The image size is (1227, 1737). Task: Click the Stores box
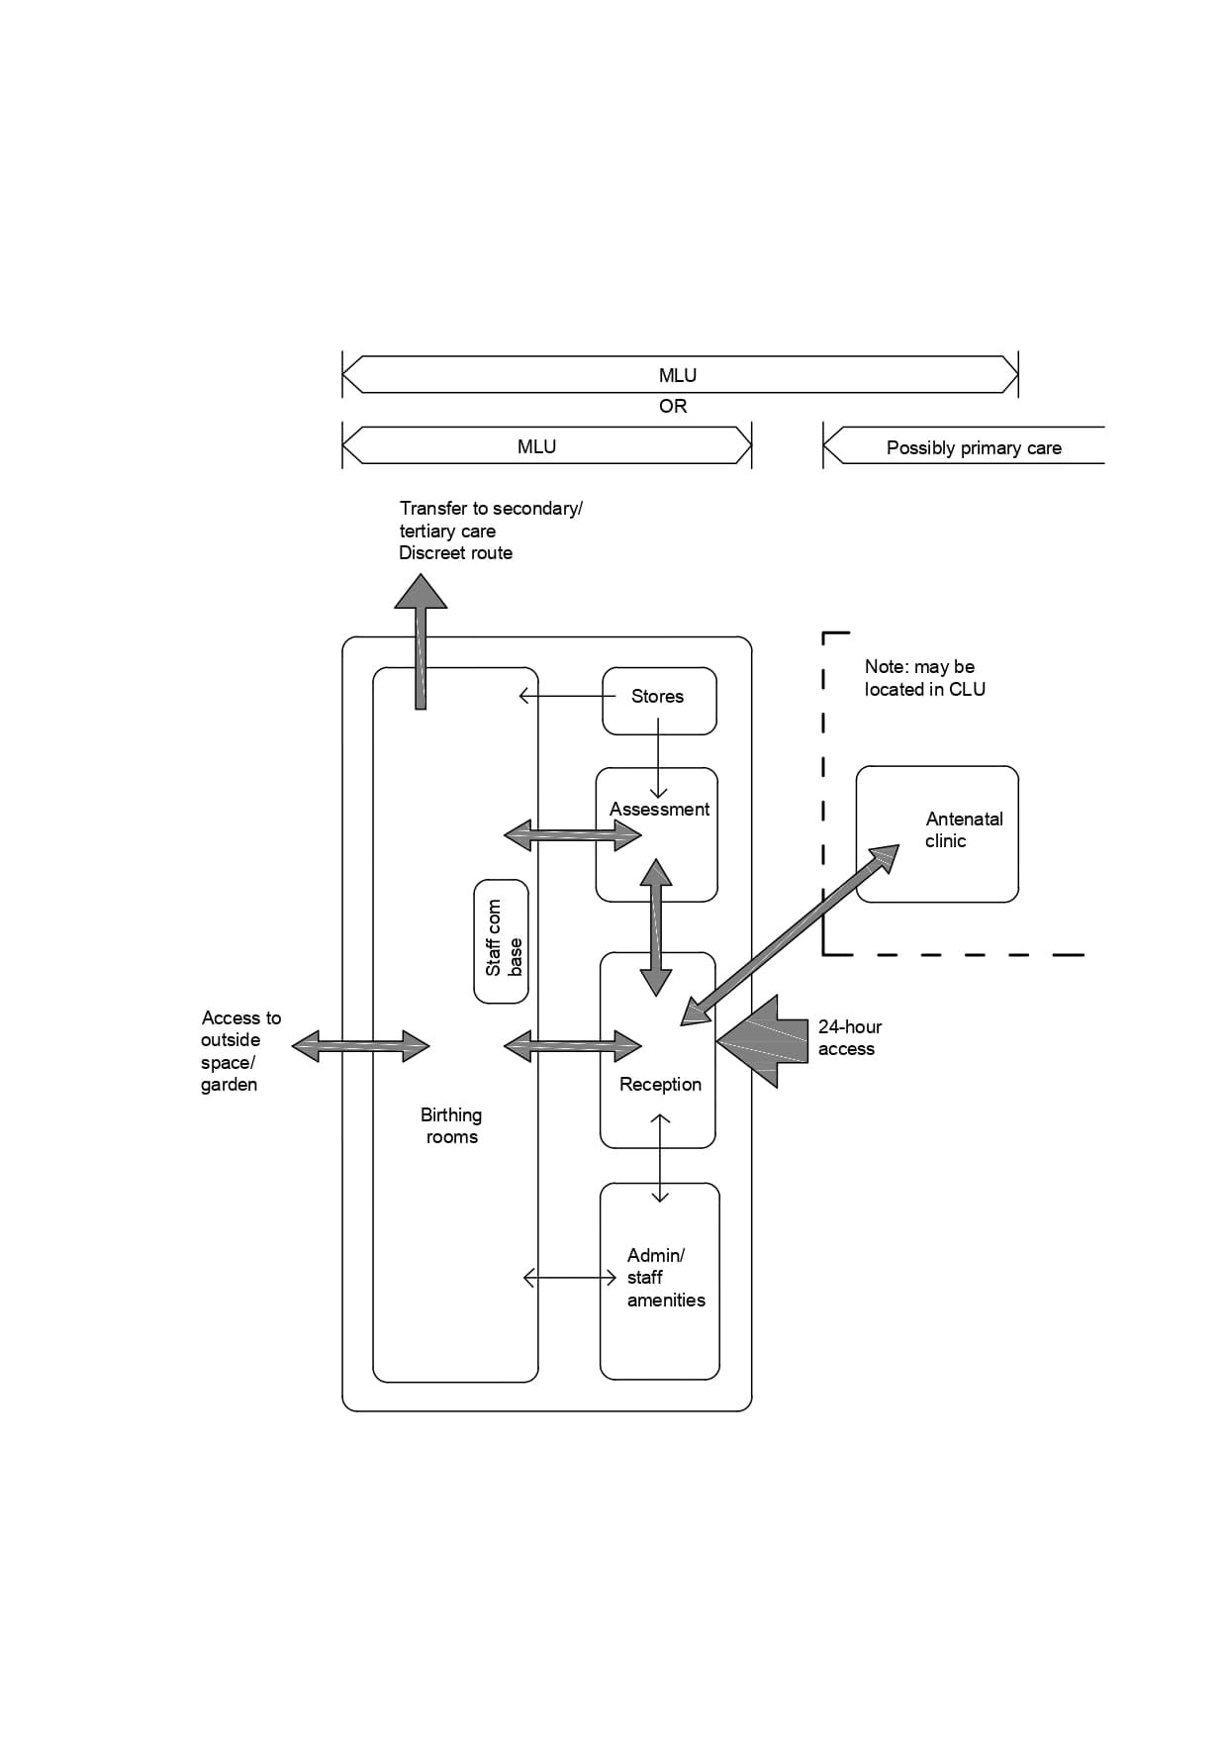659,700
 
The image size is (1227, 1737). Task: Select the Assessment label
659,810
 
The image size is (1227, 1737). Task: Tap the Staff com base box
502,941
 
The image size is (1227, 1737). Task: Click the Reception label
660,1085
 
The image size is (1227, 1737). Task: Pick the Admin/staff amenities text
665,1278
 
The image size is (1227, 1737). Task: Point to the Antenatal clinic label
963,830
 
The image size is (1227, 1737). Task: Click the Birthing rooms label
451,1126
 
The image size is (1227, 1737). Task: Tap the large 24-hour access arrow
763,1041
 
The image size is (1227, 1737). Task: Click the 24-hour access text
849,1038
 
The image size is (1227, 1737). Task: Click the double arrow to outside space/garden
361,1046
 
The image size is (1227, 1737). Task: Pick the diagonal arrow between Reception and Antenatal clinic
791,934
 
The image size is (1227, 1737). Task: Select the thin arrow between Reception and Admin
661,1158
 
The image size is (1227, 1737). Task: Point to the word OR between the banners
673,407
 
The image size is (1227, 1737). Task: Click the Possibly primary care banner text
974,448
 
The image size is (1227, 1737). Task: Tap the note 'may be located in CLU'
924,678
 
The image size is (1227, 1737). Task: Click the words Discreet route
455,553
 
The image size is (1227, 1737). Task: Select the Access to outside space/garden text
239,1051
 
